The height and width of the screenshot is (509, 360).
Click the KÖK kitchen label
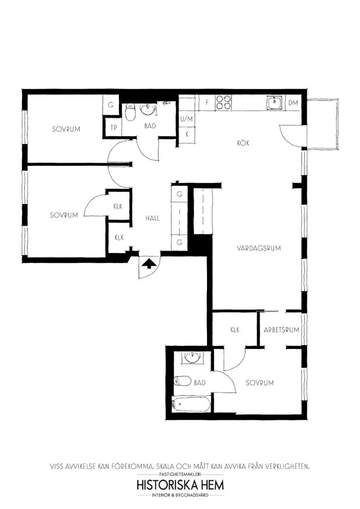coord(243,143)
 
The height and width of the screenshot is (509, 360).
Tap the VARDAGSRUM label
coord(259,248)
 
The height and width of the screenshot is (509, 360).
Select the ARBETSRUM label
coord(282,330)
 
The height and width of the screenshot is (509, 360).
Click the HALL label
coord(153,218)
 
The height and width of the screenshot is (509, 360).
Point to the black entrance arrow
coord(149,264)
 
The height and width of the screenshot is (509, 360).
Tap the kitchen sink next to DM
coord(275,103)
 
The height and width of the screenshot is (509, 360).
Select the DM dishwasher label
coord(293,103)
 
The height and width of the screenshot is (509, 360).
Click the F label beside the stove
coord(207,103)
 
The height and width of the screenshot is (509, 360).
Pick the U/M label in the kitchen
coord(186,119)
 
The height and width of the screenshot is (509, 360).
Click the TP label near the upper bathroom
coord(114,128)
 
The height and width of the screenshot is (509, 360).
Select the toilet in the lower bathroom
coord(183,381)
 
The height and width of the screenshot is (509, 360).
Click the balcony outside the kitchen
coord(323,124)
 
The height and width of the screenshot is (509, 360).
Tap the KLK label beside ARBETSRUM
coord(235,330)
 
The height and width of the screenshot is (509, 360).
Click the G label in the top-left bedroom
coord(111,105)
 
